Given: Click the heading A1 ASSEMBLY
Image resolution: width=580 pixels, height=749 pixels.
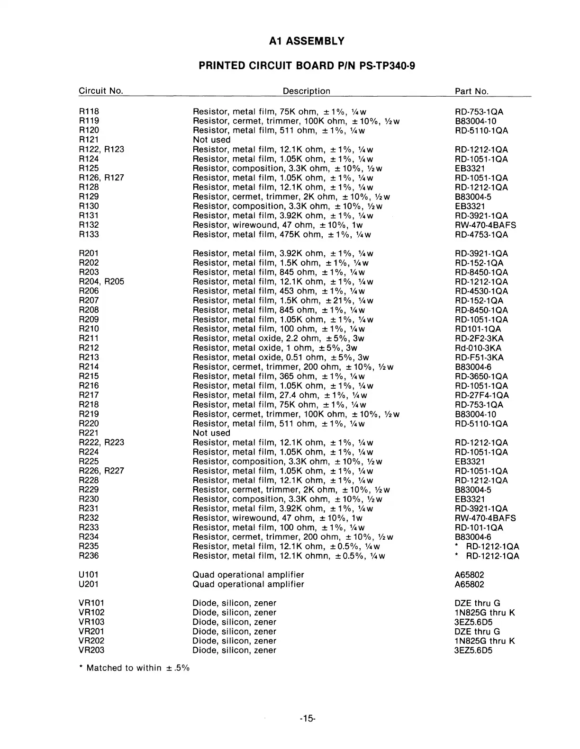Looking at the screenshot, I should point(306,41).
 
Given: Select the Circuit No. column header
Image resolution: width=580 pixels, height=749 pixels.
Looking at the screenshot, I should point(100,91).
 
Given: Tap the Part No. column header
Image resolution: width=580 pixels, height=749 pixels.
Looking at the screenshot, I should point(471,91).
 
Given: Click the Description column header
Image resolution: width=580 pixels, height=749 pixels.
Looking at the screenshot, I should point(306,91).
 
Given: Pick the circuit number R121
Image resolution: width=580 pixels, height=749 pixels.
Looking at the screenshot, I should point(89,140).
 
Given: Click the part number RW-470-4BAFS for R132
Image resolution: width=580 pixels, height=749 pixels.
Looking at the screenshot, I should point(485,225).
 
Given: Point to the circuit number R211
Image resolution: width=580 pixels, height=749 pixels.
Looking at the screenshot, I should point(89,338).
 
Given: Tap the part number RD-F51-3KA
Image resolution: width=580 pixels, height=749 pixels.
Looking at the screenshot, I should point(479,357).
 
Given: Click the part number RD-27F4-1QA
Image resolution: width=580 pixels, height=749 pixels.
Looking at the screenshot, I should point(481,395).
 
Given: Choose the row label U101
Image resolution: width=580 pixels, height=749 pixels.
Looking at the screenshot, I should point(89,575).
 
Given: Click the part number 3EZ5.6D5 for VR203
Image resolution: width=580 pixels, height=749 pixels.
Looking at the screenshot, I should point(473,651).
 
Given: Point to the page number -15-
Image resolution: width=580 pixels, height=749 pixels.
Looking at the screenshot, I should point(308,719).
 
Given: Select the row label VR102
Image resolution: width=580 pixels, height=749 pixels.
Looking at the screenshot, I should point(91,613).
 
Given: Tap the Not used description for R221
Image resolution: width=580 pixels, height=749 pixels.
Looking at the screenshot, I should point(211,433).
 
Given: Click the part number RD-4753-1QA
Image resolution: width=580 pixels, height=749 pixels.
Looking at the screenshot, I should point(481,234).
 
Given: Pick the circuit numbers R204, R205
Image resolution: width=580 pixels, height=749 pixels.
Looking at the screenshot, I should point(101,282).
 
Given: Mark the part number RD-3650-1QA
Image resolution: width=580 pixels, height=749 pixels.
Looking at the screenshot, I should point(481,376).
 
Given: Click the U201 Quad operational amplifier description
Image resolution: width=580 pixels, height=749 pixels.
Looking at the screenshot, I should point(248,584).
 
